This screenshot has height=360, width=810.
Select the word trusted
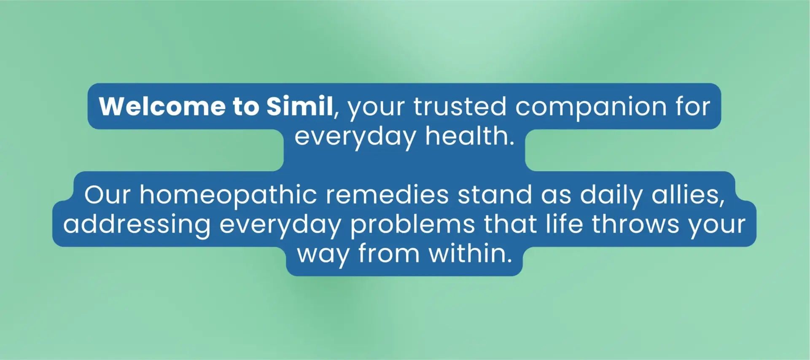coord(460,106)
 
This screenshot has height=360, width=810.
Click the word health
coord(469,136)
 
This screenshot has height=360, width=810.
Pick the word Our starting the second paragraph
coord(108,195)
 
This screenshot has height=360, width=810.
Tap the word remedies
coord(387,195)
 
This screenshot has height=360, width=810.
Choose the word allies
coord(688,195)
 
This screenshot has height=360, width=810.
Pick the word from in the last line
coord(389,253)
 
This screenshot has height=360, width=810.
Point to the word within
coord(470,253)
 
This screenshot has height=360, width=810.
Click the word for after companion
coord(693,106)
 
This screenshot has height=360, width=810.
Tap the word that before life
coord(510,223)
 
